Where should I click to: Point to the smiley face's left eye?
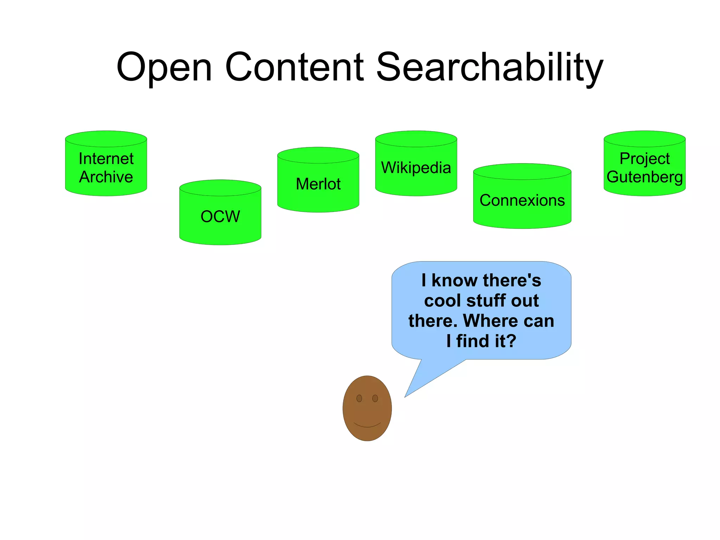359,398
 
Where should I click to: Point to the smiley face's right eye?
375,398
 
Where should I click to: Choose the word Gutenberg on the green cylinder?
644,177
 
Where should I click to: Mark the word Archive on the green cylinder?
106,177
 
